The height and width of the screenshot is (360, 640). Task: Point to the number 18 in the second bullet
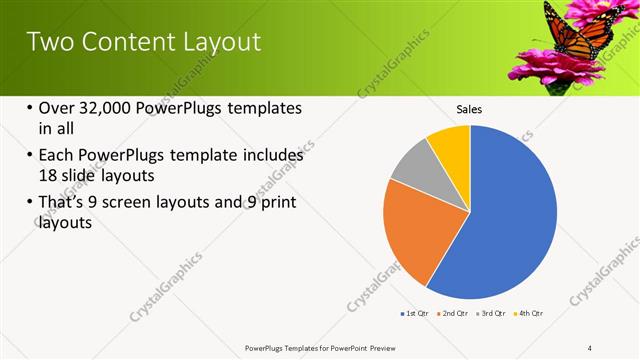pyautogui.click(x=48, y=175)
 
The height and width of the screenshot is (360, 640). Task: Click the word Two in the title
pyautogui.click(x=46, y=42)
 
